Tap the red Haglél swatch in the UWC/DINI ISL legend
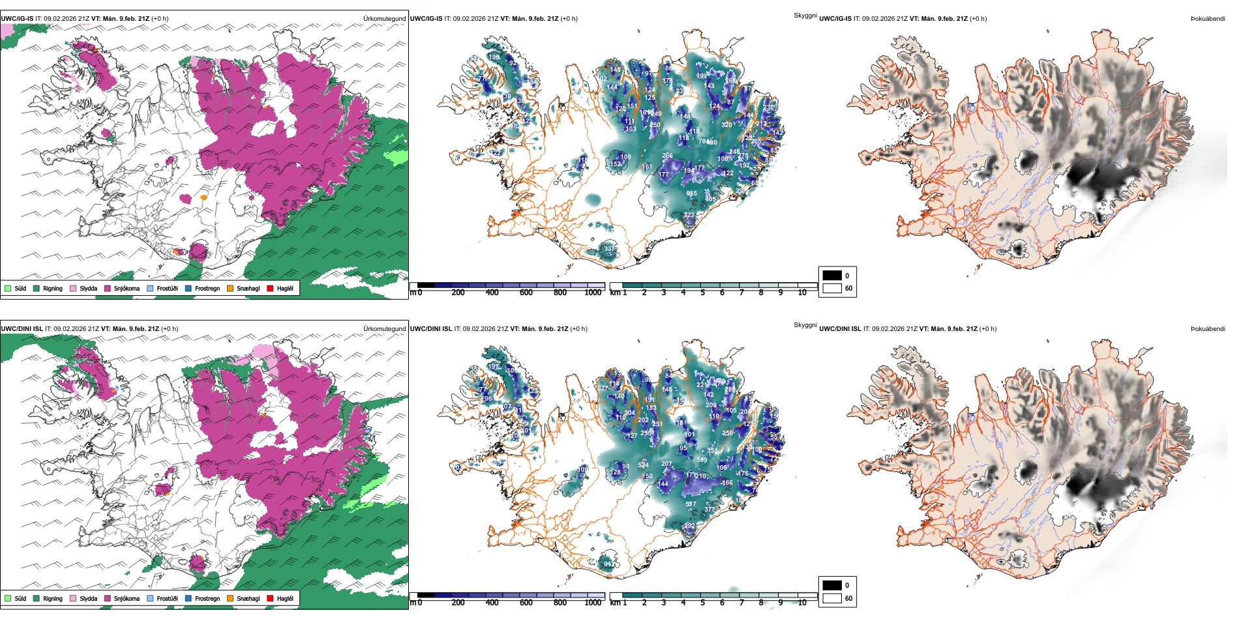pos(270,599)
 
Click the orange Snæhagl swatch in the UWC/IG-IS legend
pos(231,289)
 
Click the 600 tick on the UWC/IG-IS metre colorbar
pos(526,293)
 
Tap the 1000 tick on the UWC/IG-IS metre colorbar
pos(593,293)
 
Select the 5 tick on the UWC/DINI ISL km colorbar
pos(703,603)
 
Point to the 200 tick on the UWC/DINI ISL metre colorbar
pos(458,603)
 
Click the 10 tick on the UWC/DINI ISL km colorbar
pos(802,603)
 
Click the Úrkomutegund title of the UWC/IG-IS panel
pos(384,18)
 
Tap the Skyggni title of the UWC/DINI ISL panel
pos(805,324)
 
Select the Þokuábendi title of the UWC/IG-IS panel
pos(1208,18)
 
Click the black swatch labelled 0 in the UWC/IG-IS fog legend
pos(832,276)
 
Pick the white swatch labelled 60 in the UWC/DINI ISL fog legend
pos(832,598)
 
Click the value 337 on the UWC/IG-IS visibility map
pos(608,248)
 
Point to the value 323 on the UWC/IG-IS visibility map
pos(689,214)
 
